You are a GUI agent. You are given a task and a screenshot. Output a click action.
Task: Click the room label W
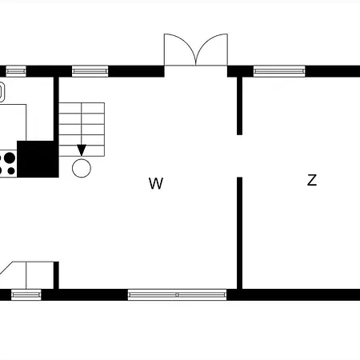[156, 183]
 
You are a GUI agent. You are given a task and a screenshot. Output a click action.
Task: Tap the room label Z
[312, 180]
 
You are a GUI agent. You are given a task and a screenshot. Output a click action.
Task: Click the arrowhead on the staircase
[82, 150]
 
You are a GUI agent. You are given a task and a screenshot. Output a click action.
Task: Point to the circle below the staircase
[82, 168]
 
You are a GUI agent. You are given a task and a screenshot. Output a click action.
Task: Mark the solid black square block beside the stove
[38, 159]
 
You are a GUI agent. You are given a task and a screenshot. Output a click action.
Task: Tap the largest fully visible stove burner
[10, 158]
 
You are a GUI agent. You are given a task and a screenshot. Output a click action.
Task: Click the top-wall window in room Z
[279, 71]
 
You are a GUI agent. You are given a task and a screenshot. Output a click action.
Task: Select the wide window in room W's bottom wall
[177, 294]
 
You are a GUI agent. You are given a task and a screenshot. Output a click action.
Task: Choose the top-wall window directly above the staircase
[90, 71]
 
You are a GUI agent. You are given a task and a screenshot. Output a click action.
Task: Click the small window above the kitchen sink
[16, 71]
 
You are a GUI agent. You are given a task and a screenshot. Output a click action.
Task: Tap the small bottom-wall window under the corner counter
[26, 294]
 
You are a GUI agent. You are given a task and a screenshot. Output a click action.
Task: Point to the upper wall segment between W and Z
[240, 106]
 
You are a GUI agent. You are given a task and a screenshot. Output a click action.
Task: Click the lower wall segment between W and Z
[240, 233]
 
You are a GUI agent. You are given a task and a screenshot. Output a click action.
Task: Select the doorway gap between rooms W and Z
[240, 156]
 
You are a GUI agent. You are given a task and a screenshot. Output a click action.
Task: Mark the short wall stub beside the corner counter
[56, 275]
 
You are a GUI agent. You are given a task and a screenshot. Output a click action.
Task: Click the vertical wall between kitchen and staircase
[56, 109]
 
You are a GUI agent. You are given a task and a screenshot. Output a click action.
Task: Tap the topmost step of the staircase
[82, 108]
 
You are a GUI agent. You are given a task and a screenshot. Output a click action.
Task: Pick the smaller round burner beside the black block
[11, 170]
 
